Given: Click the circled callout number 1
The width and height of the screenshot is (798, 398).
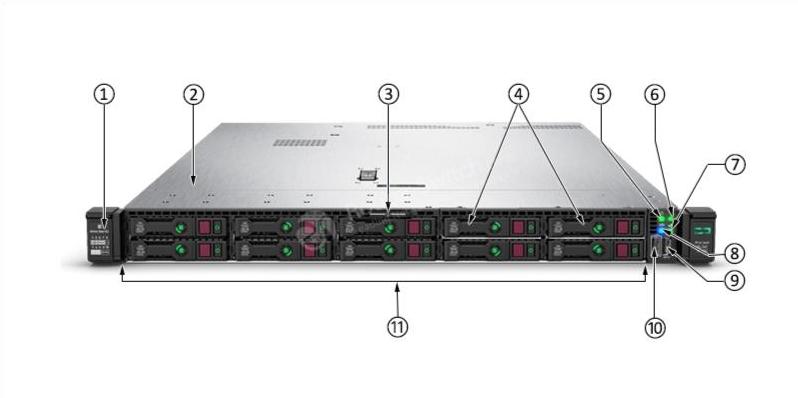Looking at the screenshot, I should coord(104,94).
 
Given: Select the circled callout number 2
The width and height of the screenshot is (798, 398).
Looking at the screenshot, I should coord(193,94).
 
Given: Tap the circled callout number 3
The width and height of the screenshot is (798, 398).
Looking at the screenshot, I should coord(388,94).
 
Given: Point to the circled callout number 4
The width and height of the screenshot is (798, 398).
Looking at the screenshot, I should coord(517,94).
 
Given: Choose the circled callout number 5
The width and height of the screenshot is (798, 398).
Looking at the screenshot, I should coord(599,94).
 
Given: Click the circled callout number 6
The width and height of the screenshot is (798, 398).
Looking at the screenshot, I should coord(654,94).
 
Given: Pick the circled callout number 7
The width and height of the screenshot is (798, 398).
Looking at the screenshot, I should coord(734,164).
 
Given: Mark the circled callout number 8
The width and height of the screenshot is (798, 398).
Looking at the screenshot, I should coord(734,253).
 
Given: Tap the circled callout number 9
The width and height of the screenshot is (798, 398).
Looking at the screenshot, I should coord(734,281).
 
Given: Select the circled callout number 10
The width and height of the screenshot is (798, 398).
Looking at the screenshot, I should coord(654,327).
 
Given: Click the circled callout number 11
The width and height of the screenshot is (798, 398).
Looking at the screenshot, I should coord(398,327).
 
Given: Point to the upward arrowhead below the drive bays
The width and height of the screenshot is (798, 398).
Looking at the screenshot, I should coord(398,290).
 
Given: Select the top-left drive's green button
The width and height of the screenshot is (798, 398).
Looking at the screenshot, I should coord(181,228).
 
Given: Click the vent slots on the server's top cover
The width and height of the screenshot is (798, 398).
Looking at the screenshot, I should coord(300,142).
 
